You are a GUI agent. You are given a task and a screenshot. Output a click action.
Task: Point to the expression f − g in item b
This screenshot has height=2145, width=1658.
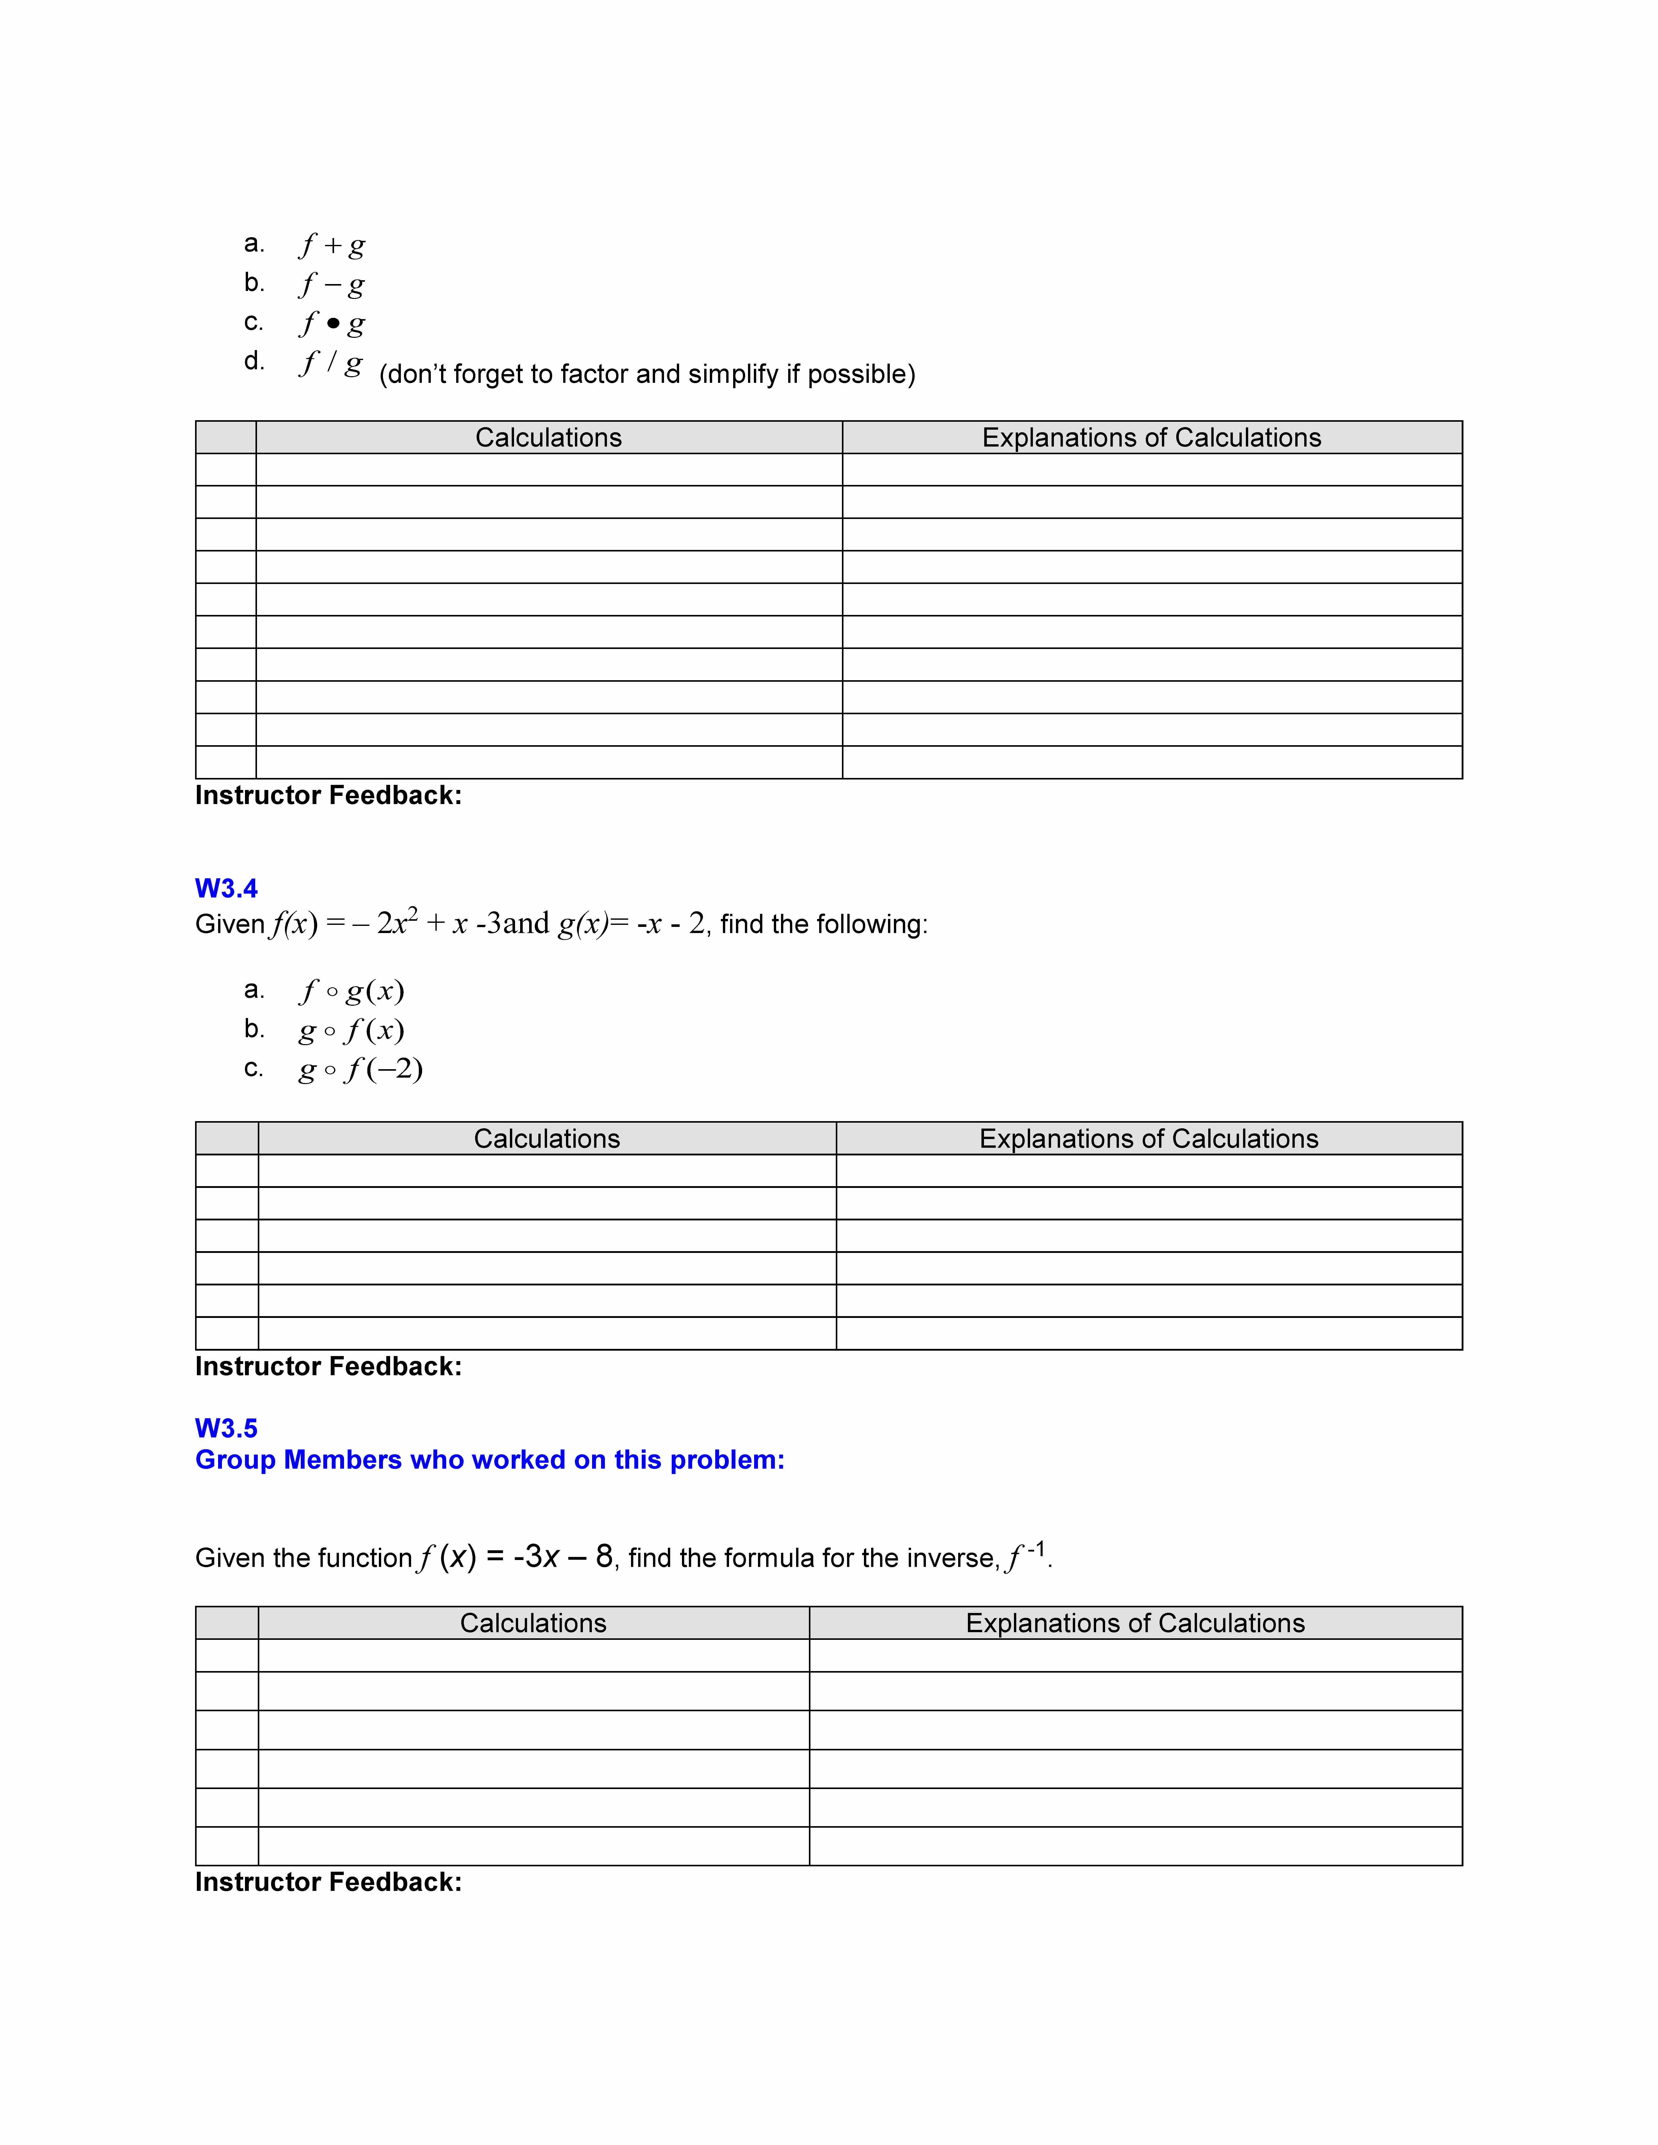[332, 284]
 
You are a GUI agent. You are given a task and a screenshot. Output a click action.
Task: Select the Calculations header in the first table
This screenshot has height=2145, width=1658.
[548, 438]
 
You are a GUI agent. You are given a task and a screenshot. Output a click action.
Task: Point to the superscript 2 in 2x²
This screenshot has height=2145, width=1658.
[413, 913]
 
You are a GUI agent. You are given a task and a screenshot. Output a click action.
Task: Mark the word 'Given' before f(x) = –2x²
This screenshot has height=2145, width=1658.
[230, 924]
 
